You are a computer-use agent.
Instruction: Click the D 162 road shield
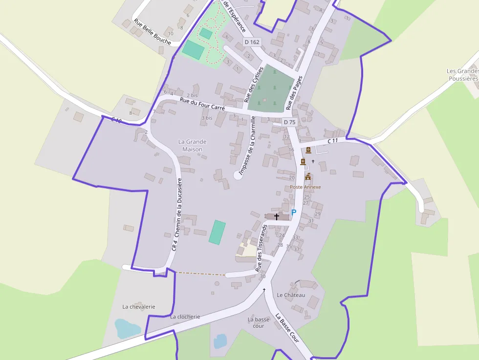point(252,42)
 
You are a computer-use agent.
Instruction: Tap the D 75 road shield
point(290,122)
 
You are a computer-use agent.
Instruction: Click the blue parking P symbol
point(294,212)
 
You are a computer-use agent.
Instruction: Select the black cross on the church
point(277,216)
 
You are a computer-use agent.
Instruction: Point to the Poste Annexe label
point(305,187)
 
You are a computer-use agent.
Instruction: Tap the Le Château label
point(291,295)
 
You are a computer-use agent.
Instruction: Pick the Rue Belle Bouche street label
point(152,32)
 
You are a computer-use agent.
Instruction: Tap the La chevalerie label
point(139,307)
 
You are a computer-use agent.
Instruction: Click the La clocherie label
point(185,317)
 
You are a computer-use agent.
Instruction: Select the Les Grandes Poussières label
point(462,75)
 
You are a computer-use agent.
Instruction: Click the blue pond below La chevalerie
point(127,328)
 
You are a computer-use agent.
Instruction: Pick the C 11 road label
point(333,141)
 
